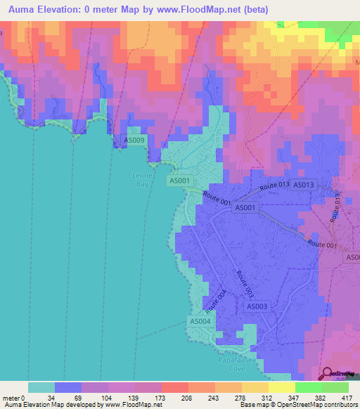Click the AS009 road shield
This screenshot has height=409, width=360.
134,141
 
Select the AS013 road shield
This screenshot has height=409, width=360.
303,185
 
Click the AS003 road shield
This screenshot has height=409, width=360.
257,306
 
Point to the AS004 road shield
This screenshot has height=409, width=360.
200,321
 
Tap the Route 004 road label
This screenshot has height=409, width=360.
217,301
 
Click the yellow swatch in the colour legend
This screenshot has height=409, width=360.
256,387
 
